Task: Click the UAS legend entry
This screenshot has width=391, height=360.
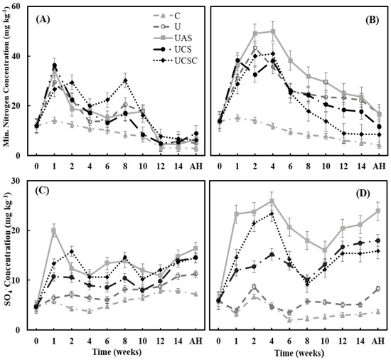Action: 176,38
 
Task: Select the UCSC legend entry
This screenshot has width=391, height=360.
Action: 175,60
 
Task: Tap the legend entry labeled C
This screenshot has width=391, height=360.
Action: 166,16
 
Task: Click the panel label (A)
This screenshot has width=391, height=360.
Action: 43,19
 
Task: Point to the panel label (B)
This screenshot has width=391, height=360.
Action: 372,20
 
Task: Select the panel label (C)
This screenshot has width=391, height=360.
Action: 42,191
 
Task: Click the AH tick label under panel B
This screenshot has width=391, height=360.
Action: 379,166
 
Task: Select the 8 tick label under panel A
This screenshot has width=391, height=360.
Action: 125,166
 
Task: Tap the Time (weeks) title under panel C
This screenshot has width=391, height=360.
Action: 117,351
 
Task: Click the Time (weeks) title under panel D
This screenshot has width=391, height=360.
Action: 299,353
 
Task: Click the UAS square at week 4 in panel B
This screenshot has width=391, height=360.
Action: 273,32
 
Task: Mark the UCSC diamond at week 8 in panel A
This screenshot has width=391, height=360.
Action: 125,80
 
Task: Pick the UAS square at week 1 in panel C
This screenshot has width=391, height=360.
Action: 54,231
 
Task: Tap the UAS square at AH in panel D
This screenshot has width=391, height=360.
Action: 378,211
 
